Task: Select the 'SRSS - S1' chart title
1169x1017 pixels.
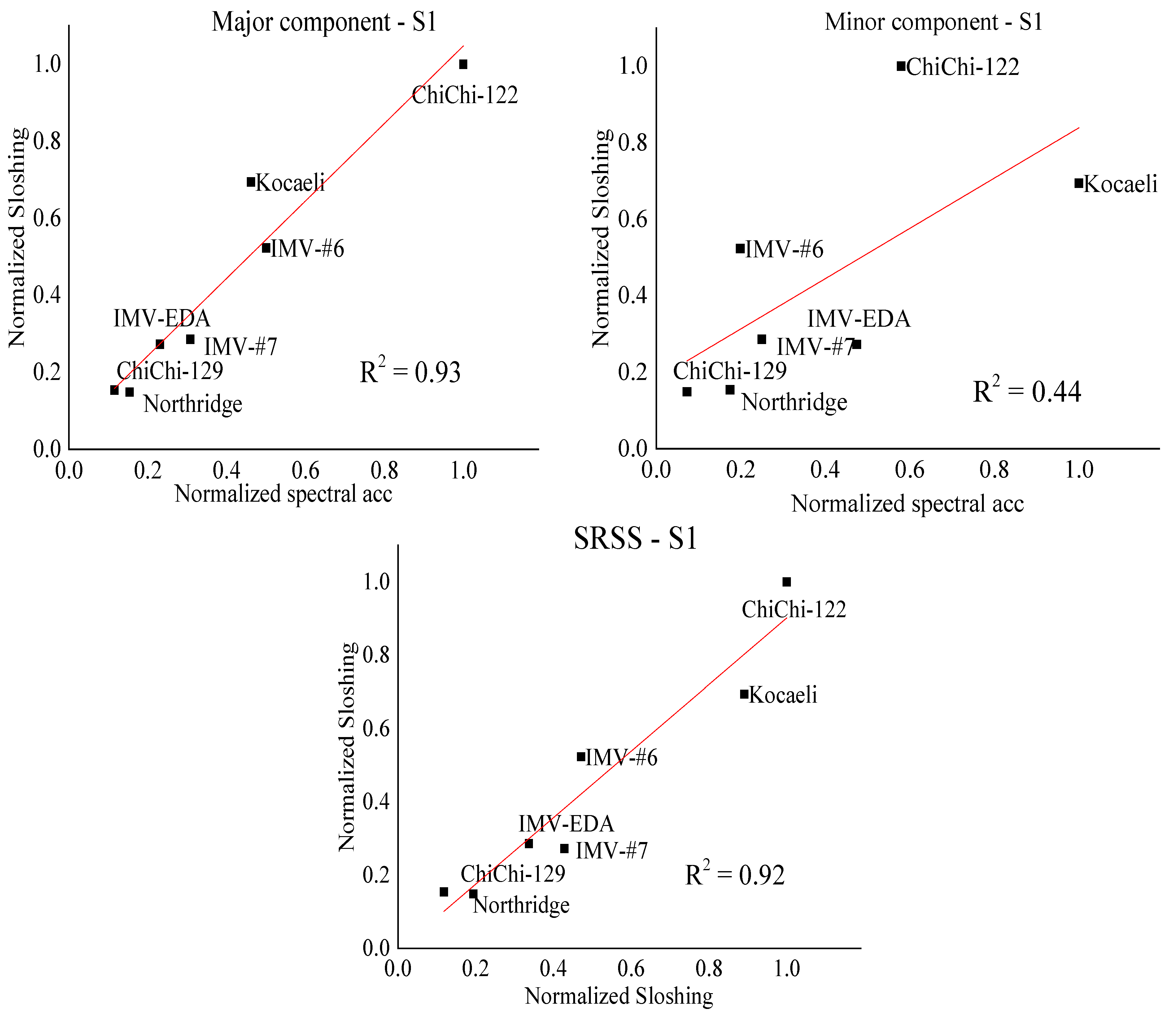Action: pyautogui.click(x=635, y=538)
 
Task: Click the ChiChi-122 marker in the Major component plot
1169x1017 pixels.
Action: pyautogui.click(x=463, y=64)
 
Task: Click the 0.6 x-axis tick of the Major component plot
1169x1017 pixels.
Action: pyautogui.click(x=305, y=470)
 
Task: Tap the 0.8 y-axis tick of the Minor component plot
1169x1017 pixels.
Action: pyautogui.click(x=632, y=142)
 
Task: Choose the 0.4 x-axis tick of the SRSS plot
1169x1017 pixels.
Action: pyautogui.click(x=553, y=968)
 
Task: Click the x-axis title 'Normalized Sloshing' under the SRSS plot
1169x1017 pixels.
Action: pyautogui.click(x=618, y=996)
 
